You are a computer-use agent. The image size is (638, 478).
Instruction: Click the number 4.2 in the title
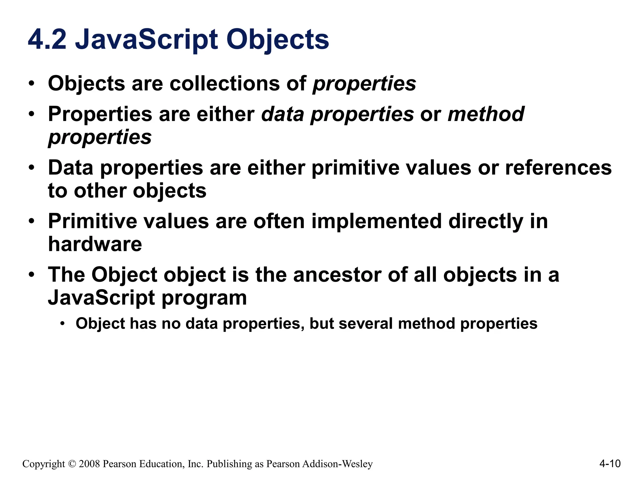tap(47, 40)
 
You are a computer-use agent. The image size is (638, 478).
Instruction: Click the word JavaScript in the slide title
tap(146, 40)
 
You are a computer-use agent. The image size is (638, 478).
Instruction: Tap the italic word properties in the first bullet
tap(364, 84)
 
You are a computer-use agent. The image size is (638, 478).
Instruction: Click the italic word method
tap(486, 114)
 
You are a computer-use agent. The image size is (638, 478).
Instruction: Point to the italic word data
tap(282, 114)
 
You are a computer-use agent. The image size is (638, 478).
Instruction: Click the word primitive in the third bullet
tap(355, 168)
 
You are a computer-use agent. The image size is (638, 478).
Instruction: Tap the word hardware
tap(95, 244)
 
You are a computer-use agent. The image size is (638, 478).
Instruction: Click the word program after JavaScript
tap(204, 298)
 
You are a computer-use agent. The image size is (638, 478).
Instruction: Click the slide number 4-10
tap(610, 464)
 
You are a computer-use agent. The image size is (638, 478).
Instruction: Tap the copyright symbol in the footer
tap(72, 464)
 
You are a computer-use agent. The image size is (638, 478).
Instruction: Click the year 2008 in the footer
tap(89, 464)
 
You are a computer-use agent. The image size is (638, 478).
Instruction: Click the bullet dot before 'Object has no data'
tap(63, 324)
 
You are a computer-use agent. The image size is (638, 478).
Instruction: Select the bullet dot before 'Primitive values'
tap(31, 222)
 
